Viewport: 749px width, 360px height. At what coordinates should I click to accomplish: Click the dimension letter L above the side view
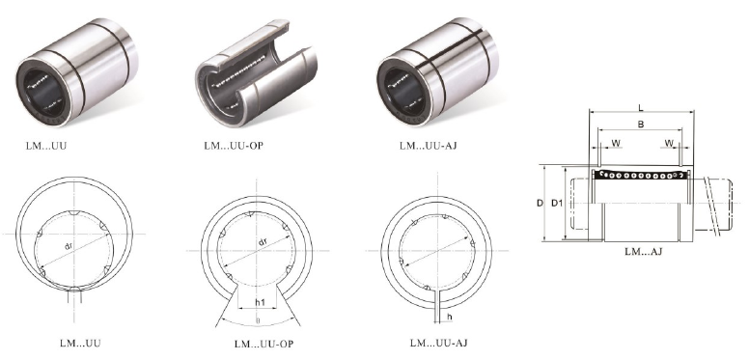pos(641,107)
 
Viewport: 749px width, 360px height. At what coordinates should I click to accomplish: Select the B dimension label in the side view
pos(641,125)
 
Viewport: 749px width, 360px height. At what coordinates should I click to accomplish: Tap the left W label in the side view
pos(616,143)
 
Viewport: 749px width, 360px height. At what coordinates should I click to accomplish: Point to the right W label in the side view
pos(669,143)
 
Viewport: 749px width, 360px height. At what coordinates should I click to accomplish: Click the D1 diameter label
pos(557,203)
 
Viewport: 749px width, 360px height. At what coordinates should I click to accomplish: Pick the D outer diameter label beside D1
pos(540,203)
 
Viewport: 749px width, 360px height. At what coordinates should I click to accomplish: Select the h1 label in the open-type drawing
pos(260,302)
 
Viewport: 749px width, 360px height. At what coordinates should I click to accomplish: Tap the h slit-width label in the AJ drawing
pos(450,317)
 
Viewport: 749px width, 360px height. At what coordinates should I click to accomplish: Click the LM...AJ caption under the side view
pos(643,251)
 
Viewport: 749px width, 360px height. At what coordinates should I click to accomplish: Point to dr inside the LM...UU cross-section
pos(69,246)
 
